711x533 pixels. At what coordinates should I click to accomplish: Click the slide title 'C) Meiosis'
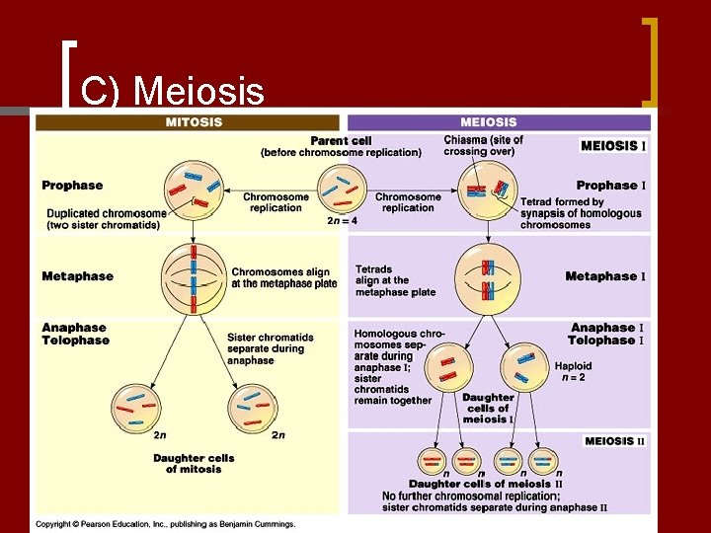click(172, 92)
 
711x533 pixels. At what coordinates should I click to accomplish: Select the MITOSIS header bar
click(188, 122)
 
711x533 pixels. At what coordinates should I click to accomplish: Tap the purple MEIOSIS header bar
click(498, 122)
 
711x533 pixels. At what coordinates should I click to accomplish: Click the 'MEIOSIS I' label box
click(613, 145)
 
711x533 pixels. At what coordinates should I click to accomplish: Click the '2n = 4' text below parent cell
click(342, 221)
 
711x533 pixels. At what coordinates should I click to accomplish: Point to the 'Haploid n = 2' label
click(573, 371)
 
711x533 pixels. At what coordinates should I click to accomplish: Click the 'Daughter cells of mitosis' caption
click(194, 464)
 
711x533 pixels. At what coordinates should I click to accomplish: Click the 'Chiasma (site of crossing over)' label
click(484, 146)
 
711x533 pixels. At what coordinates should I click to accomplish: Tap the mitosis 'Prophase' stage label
click(72, 186)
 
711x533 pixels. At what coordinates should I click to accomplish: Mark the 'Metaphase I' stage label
click(604, 276)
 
